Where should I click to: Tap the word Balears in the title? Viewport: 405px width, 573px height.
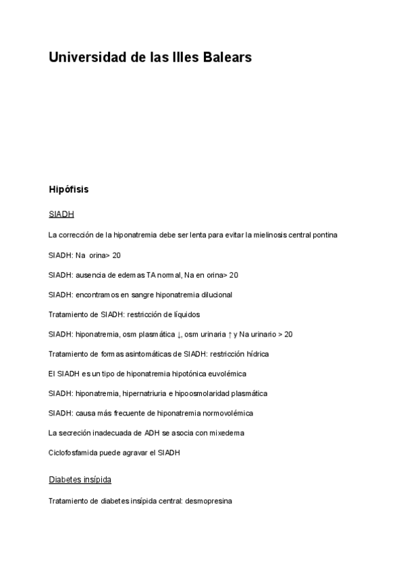tap(227, 57)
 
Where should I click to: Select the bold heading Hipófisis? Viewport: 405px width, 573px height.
tap(69, 189)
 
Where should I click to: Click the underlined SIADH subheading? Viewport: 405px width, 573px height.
tap(61, 214)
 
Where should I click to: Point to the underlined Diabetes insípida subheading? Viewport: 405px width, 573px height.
tap(80, 480)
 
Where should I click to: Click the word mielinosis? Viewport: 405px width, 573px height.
tap(267, 235)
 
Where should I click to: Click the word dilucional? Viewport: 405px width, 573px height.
tap(214, 295)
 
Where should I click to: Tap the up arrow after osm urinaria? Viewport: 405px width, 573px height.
tap(230, 334)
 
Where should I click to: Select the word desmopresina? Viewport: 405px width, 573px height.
tap(208, 502)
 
